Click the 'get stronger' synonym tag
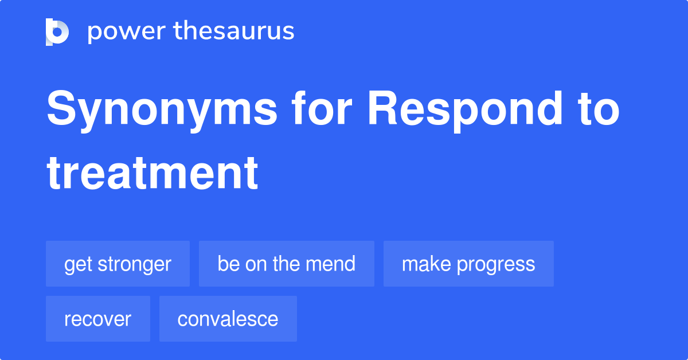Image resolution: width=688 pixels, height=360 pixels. pyautogui.click(x=118, y=264)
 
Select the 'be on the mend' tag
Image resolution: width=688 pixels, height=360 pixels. pyautogui.click(x=286, y=264)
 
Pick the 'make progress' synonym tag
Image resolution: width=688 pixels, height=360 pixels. pyautogui.click(x=468, y=264)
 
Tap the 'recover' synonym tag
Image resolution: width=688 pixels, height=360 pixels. pyautogui.click(x=97, y=319)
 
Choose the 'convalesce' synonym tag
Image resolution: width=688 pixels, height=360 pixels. pyautogui.click(x=228, y=319)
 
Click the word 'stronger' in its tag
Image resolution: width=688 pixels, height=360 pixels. pyautogui.click(x=134, y=264)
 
